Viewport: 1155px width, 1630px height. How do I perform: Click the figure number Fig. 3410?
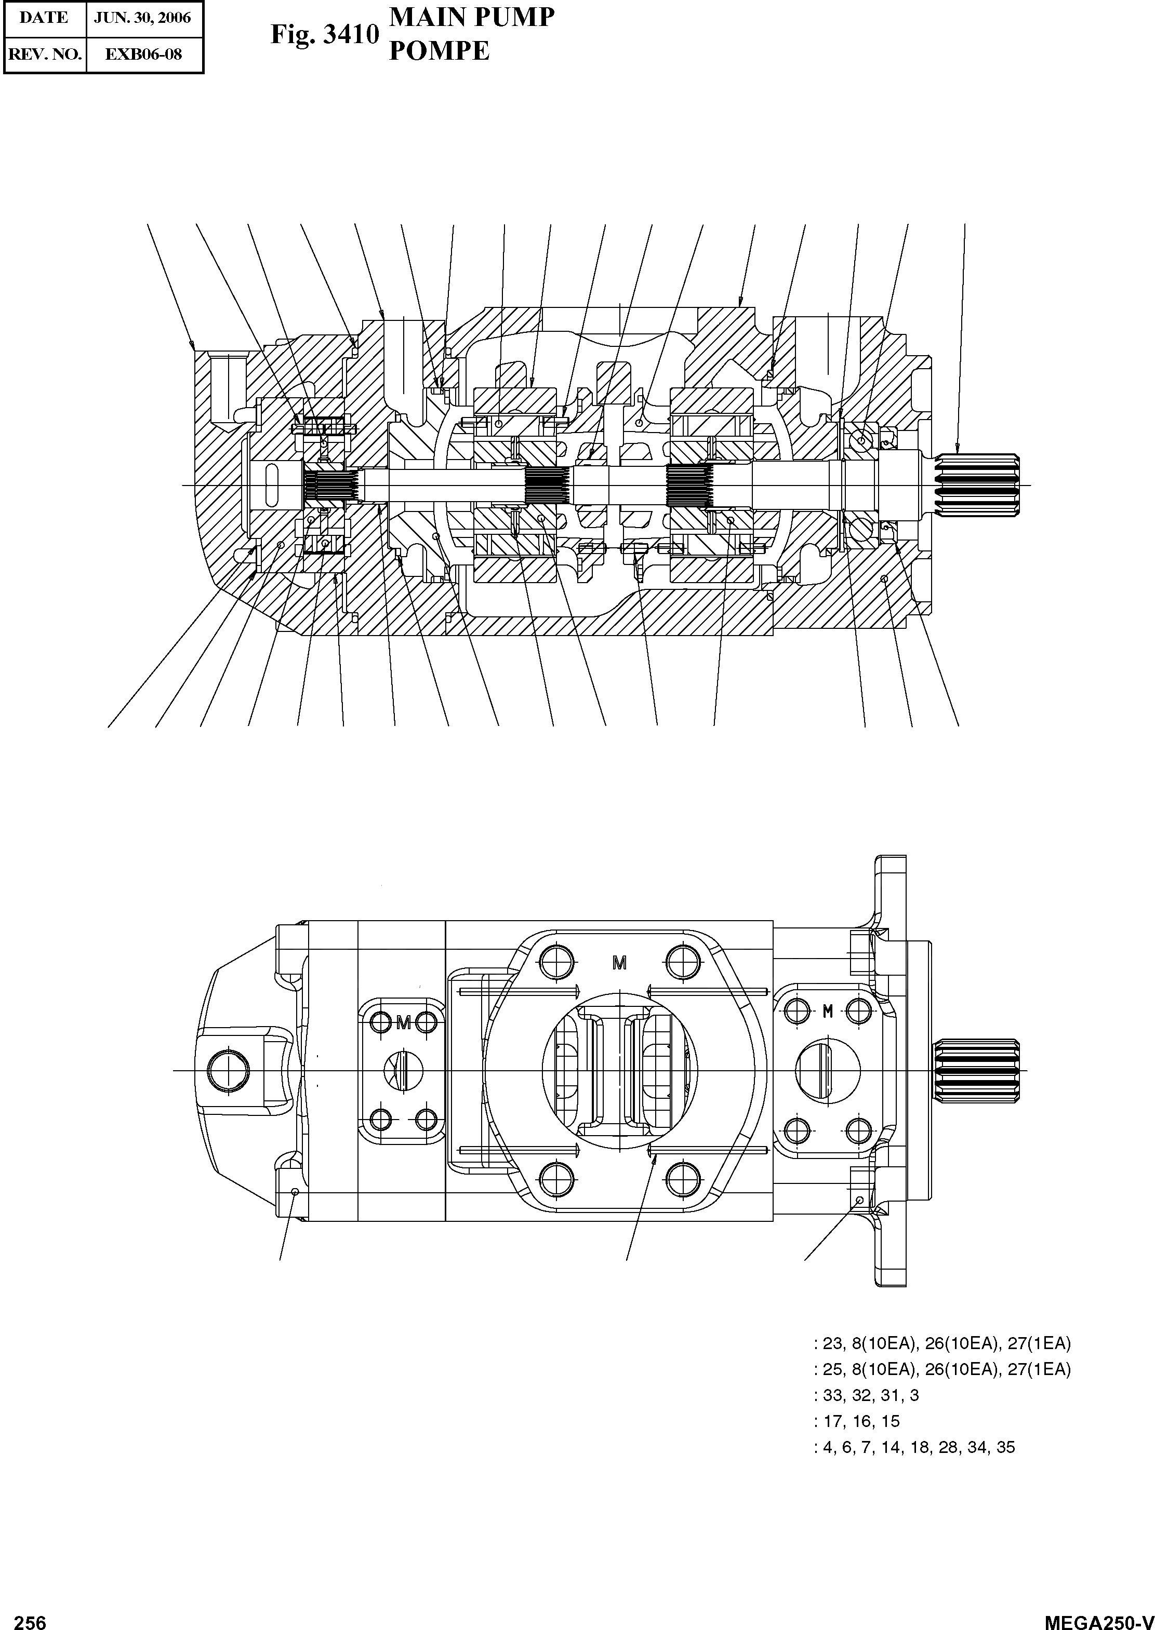(324, 35)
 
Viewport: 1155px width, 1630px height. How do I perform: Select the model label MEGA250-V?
(1098, 1619)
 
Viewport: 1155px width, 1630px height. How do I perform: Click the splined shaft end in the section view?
(977, 485)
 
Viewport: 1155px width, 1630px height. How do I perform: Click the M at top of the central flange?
(619, 963)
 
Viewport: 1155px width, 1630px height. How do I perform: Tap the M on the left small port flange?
(403, 1023)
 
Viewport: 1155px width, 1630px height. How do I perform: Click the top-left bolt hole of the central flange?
(556, 962)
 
